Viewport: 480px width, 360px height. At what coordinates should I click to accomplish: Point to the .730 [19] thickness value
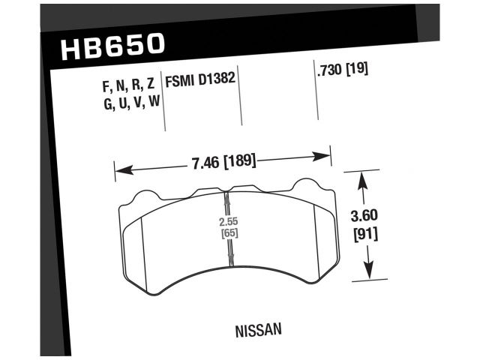(342, 71)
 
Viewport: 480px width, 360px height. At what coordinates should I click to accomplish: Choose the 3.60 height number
(364, 217)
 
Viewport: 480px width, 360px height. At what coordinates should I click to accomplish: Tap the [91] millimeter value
(364, 234)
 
